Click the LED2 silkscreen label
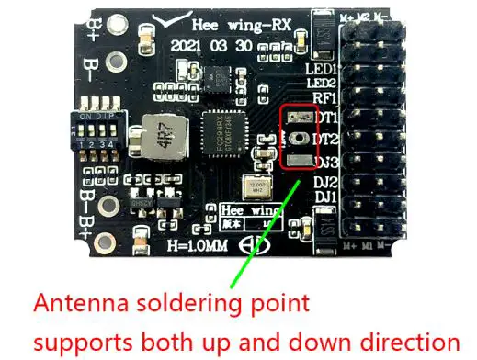pyautogui.click(x=322, y=85)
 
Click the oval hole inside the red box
pyautogui.click(x=298, y=139)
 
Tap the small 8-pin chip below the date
pyautogui.click(x=221, y=80)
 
